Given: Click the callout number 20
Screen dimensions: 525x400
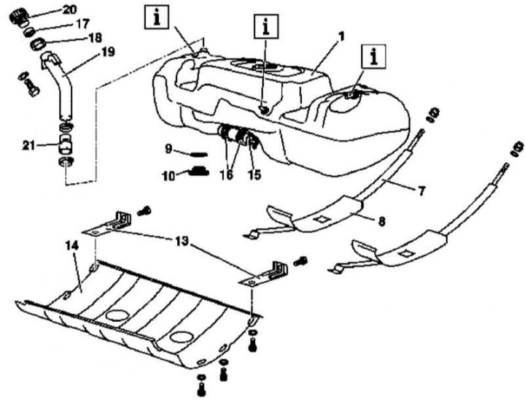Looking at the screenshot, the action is [x=69, y=9].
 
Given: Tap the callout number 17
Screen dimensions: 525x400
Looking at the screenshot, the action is [x=82, y=23].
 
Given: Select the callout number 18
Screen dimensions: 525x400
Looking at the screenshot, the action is [x=95, y=37].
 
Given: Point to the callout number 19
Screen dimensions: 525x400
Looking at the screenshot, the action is [x=108, y=52].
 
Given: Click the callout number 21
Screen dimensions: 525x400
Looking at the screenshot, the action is [x=29, y=145].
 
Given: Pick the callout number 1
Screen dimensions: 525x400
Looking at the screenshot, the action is [x=341, y=36].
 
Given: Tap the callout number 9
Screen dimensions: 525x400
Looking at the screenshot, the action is [x=168, y=148].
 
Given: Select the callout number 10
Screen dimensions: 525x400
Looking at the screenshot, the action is [x=168, y=176].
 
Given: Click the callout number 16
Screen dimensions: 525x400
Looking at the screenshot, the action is [x=226, y=174].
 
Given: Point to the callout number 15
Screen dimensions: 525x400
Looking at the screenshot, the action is [x=254, y=174].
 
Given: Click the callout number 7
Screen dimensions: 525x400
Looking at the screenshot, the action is [x=421, y=191].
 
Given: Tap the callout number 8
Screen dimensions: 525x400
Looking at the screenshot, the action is [x=381, y=221].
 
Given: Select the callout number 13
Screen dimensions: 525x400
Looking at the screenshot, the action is [x=182, y=241].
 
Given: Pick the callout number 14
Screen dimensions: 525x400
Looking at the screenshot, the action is [x=71, y=245].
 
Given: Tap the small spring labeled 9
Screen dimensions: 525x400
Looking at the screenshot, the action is [x=199, y=154].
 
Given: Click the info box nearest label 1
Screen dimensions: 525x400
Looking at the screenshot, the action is [x=373, y=57].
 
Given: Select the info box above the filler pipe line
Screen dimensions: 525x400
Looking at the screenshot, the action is [x=157, y=17].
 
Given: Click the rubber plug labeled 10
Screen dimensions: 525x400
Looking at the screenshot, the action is [x=198, y=171].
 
